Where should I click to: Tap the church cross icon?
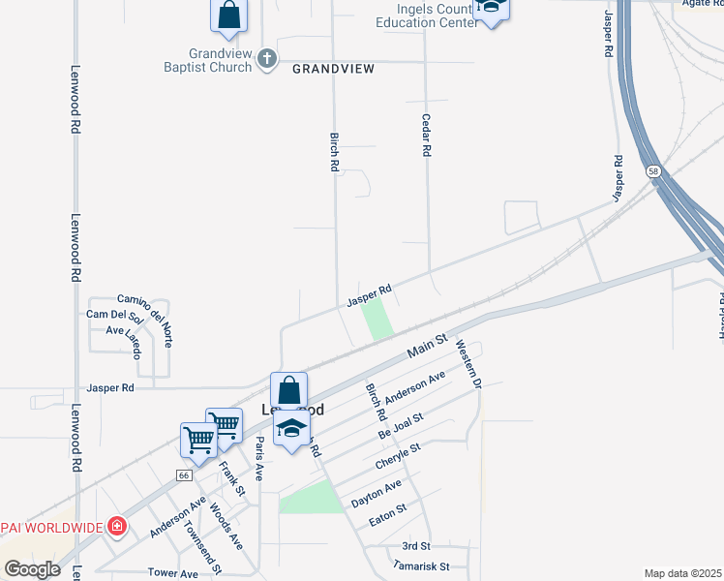pos(267,60)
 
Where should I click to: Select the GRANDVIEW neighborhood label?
pos(333,69)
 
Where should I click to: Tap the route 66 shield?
pos(183,475)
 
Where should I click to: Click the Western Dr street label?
pos(468,363)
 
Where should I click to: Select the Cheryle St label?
pos(400,456)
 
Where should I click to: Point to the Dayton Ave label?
pos(376,491)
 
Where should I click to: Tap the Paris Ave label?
pos(258,458)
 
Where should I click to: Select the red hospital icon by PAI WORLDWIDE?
pos(117,527)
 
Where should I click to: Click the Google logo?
pos(32,569)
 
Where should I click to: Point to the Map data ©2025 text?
pos(682,573)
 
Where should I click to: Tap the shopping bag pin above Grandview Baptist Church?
pos(229,15)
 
